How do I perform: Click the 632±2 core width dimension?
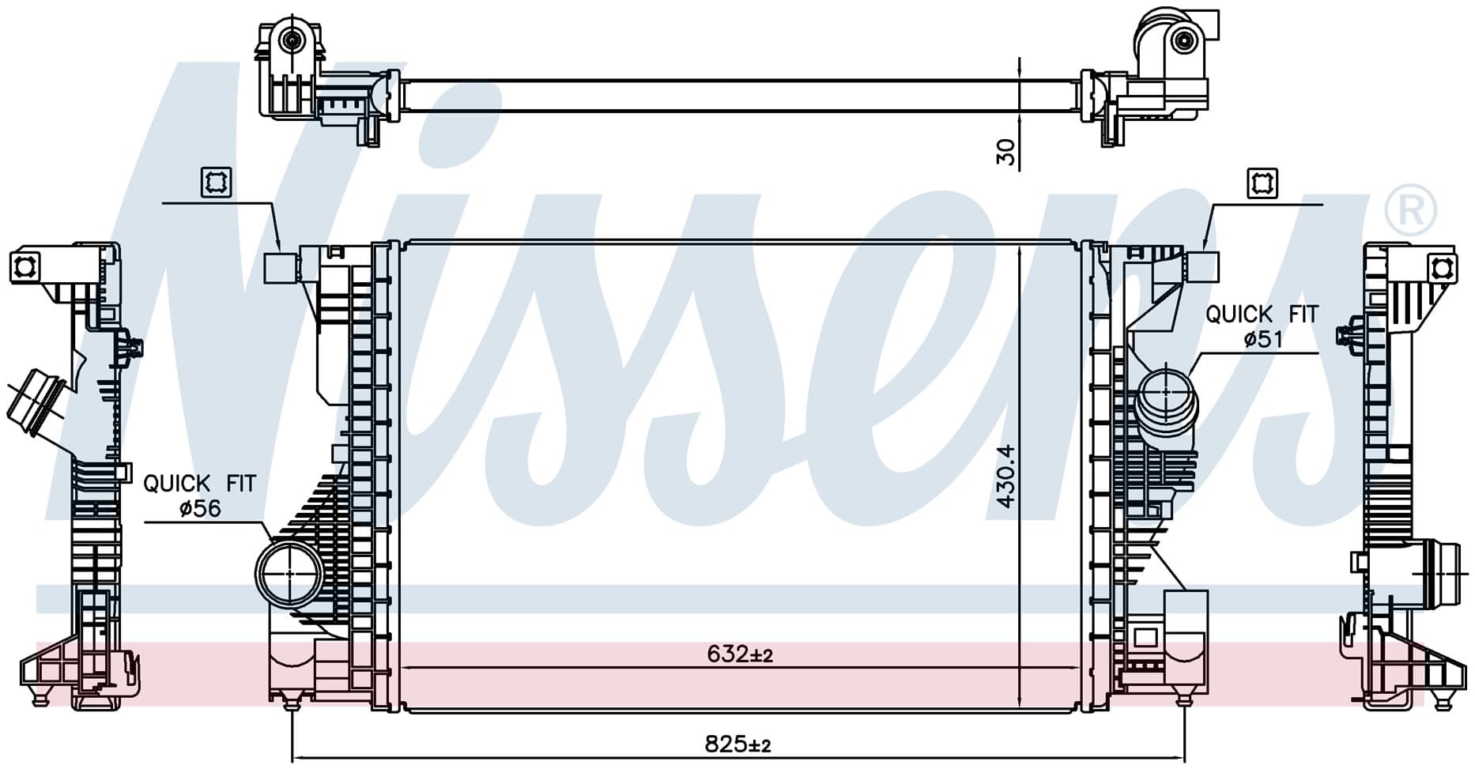click(x=739, y=654)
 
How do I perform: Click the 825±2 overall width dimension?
click(x=737, y=744)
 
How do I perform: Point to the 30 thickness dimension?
click(x=1005, y=152)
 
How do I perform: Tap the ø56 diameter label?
click(x=200, y=509)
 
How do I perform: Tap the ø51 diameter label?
click(x=1262, y=340)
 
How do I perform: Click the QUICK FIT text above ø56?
click(x=200, y=483)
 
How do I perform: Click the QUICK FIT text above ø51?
click(x=1262, y=314)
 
